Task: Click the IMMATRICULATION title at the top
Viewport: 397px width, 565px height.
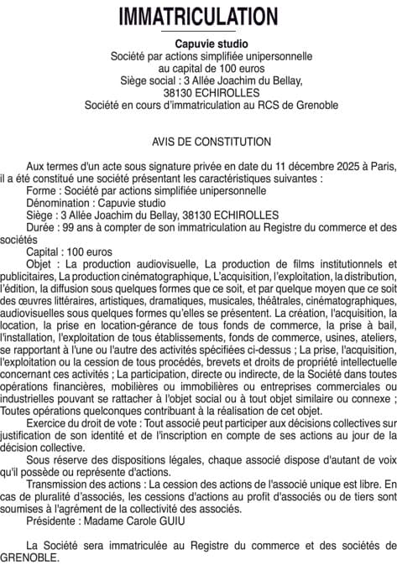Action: point(198,16)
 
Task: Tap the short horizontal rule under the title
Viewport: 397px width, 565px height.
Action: point(198,32)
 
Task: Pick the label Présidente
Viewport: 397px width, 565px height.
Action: point(55,519)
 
